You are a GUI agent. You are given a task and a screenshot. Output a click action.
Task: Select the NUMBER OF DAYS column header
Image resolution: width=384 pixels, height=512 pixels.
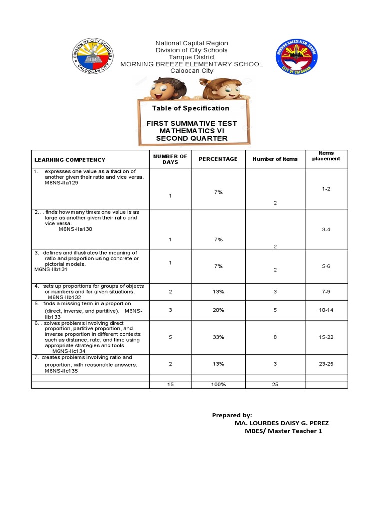point(170,159)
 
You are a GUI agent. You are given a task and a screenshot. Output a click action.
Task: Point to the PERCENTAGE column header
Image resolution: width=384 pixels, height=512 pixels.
point(218,159)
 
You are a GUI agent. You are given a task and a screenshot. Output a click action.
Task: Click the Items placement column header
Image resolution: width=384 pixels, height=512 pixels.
point(326,156)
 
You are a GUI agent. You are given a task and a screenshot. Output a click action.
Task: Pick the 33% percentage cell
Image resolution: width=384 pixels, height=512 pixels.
point(218,337)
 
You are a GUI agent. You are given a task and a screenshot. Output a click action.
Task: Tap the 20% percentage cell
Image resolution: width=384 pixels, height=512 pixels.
point(218,310)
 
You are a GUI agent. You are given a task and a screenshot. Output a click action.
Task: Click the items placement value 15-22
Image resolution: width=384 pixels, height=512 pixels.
point(326,337)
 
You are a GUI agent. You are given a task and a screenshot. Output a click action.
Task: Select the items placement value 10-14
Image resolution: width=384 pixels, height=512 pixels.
point(326,310)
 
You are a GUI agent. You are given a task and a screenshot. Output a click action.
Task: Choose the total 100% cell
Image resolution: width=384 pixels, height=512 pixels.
point(218,385)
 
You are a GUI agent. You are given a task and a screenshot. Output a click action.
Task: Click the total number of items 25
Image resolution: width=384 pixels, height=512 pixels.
point(275,385)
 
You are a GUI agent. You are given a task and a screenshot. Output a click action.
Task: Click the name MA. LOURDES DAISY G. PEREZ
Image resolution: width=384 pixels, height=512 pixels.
point(281,423)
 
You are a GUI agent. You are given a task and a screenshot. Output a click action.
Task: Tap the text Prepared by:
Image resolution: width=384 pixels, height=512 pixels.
point(232,415)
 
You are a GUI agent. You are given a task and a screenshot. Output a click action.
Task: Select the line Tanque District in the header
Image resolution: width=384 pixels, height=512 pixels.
point(191,57)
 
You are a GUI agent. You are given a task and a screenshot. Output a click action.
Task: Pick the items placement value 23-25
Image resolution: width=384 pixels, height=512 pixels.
point(326,364)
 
